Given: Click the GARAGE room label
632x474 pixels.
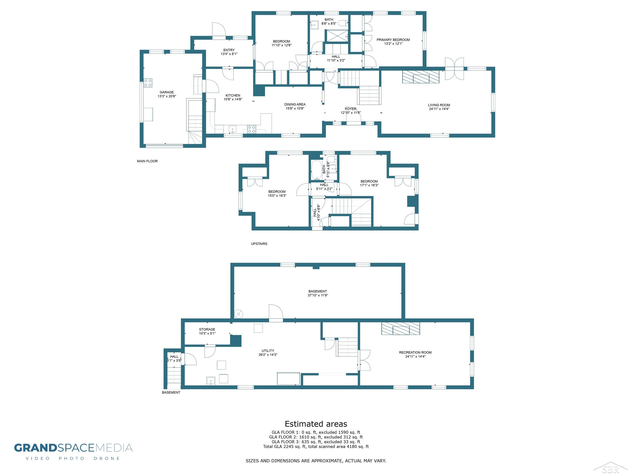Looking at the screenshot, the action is pyautogui.click(x=167, y=92).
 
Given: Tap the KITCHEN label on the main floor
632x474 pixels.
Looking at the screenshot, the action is pyautogui.click(x=233, y=95).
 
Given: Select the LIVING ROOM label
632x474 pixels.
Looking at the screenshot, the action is pyautogui.click(x=439, y=105).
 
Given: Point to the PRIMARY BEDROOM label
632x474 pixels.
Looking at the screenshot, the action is pyautogui.click(x=393, y=40).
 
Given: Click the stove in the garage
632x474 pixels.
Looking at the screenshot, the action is pyautogui.click(x=148, y=83).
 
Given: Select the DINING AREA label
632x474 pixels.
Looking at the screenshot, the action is pyautogui.click(x=295, y=105).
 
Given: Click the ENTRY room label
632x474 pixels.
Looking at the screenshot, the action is pyautogui.click(x=229, y=50).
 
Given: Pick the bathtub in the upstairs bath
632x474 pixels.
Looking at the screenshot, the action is pyautogui.click(x=316, y=170).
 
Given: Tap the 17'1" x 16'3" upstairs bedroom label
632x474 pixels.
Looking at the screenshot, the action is pyautogui.click(x=369, y=185).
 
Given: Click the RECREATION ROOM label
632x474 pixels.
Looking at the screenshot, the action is pyautogui.click(x=415, y=353).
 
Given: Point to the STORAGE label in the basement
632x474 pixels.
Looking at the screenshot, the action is pyautogui.click(x=207, y=329).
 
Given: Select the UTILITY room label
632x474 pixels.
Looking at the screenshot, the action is pyautogui.click(x=268, y=351).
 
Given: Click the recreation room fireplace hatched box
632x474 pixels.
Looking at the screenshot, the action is pyautogui.click(x=401, y=329).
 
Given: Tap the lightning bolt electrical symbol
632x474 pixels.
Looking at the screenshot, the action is pyautogui.click(x=239, y=314).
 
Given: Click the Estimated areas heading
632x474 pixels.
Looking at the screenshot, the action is pyautogui.click(x=316, y=424).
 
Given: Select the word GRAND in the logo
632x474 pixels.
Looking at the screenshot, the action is pyautogui.click(x=36, y=448).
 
